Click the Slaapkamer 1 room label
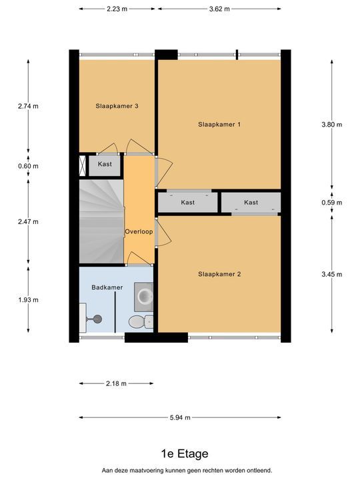[x=219, y=124]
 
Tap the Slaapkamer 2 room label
[x=219, y=274]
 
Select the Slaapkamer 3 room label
[x=117, y=106]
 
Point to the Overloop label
[x=139, y=232]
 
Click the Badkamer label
[x=107, y=287]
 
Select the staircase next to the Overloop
[x=101, y=221]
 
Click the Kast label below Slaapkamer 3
[x=105, y=164]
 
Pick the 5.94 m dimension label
[x=180, y=417]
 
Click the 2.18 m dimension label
[x=116, y=383]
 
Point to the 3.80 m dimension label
[x=332, y=125]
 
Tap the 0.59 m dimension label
[x=332, y=203]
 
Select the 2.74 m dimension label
[x=28, y=106]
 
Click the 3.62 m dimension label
[x=219, y=9]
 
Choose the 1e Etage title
[x=185, y=454]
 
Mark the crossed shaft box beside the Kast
[x=83, y=165]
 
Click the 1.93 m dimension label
[x=28, y=300]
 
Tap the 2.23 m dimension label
[x=117, y=9]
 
